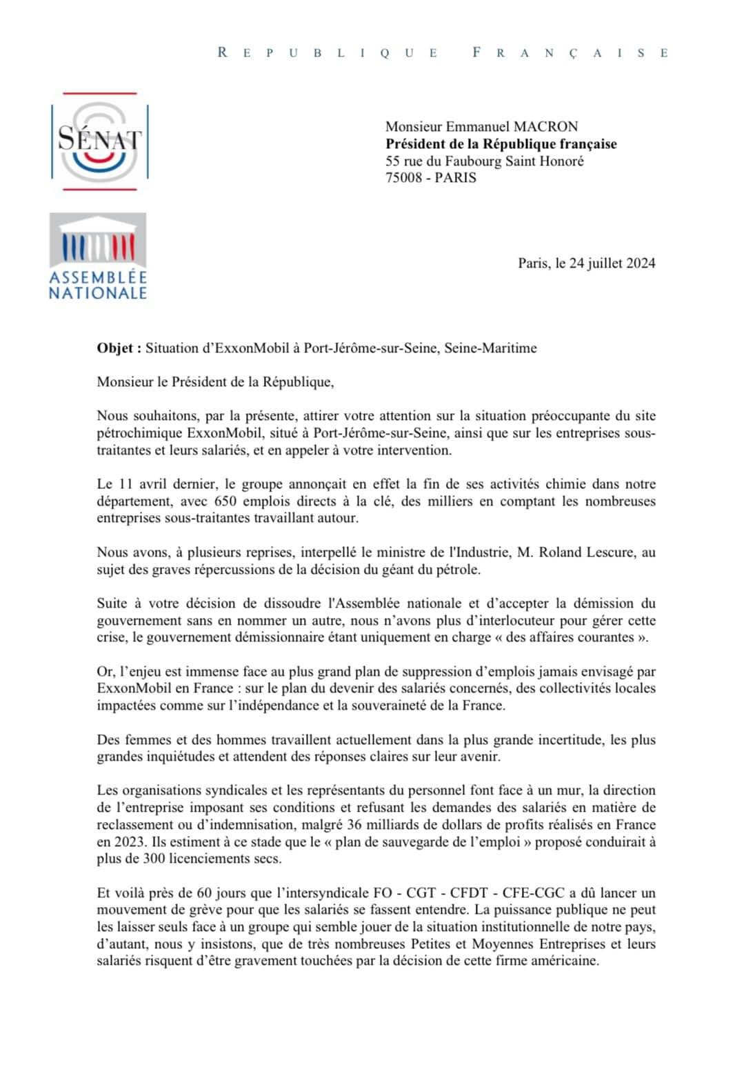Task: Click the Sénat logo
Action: coord(99,141)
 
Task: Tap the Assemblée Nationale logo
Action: coord(98,257)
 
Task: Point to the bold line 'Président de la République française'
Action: coord(501,143)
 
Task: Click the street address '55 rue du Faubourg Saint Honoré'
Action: coord(484,161)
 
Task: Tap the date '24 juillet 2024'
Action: coord(612,263)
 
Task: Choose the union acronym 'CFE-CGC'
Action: coord(527,892)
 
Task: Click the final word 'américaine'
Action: coord(563,961)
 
